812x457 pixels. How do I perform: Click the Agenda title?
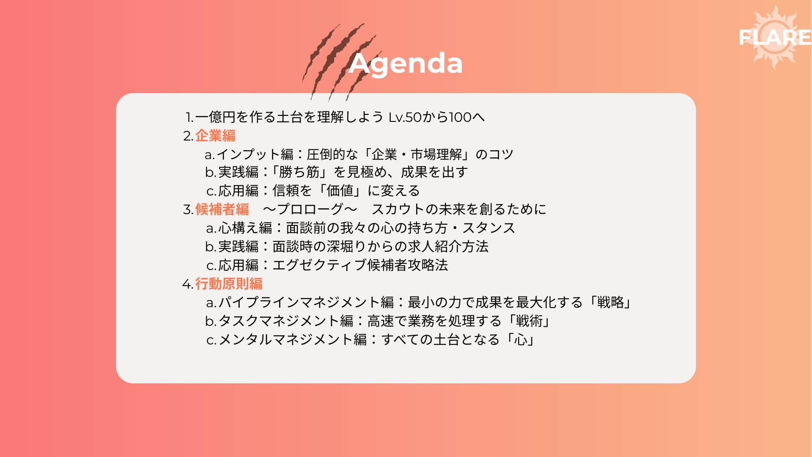click(406, 64)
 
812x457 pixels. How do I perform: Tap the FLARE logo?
click(775, 37)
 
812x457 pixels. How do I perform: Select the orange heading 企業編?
click(215, 135)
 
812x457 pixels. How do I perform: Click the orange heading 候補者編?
click(222, 209)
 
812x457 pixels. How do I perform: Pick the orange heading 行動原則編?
click(229, 284)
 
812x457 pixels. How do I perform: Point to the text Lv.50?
click(405, 117)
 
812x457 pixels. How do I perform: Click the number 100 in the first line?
click(460, 117)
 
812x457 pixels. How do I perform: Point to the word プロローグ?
click(310, 209)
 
